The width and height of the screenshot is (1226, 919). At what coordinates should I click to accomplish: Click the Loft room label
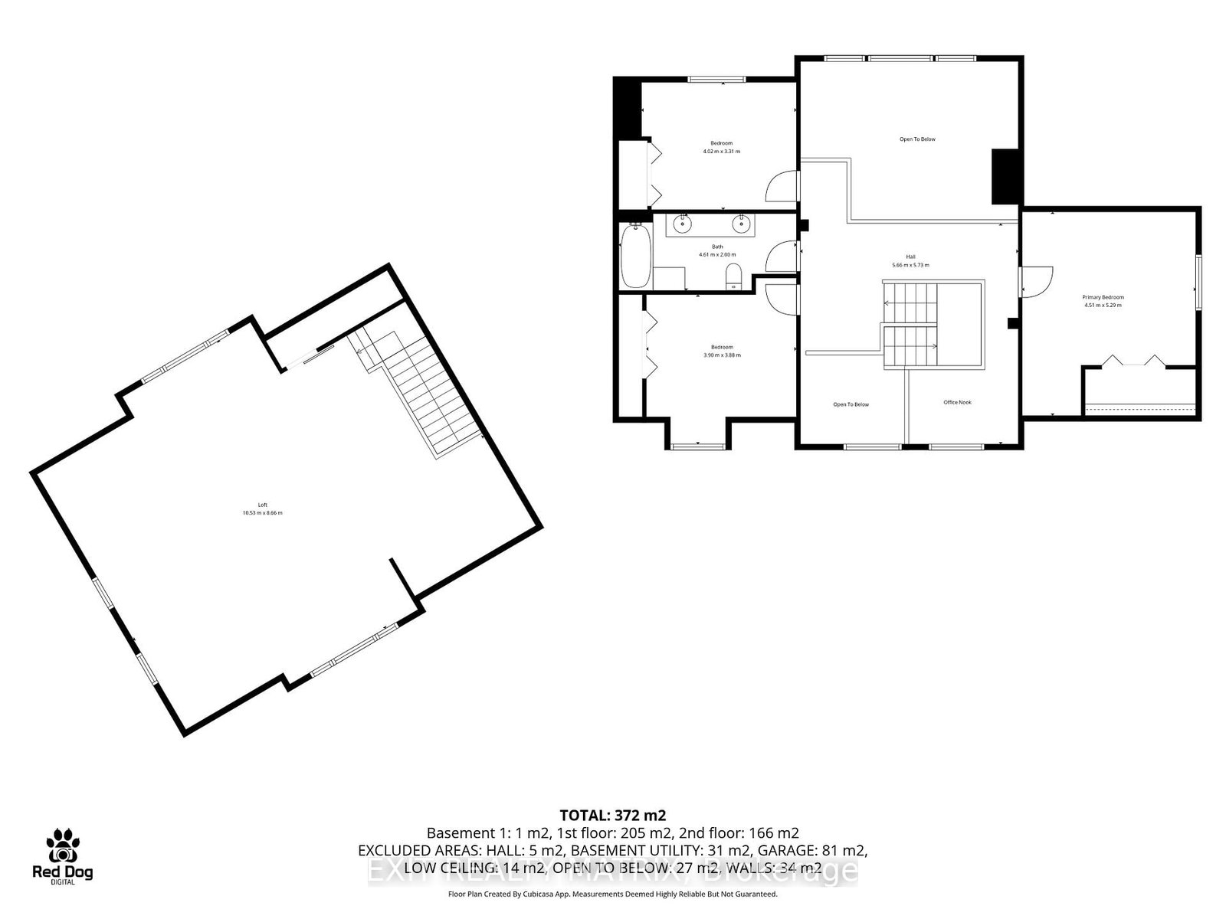coord(263,505)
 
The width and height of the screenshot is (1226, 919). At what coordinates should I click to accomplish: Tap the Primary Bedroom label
coord(1103,297)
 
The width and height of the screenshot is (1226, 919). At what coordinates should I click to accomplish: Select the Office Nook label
coord(957,402)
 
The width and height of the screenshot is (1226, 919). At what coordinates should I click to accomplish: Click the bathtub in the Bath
coord(635,257)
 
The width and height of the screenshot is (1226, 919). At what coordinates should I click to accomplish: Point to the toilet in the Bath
coord(734,276)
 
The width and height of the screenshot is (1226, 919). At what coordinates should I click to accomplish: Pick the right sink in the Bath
coord(740,224)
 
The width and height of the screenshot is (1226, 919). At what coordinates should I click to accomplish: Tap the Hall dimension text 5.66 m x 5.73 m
coord(910,265)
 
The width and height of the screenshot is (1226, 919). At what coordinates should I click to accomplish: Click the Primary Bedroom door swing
coord(1037,280)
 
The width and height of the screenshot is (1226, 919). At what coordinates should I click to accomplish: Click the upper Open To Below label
coord(917,139)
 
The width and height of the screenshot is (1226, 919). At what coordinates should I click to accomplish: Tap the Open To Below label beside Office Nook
coord(851,404)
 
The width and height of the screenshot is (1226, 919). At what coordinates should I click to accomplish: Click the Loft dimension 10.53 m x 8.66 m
coord(263,513)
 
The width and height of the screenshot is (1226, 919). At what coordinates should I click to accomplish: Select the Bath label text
coord(717,247)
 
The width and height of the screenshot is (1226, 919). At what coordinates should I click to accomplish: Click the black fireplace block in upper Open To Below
coord(1003,176)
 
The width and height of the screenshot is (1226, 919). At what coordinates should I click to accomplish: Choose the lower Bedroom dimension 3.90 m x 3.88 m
coord(722,355)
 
